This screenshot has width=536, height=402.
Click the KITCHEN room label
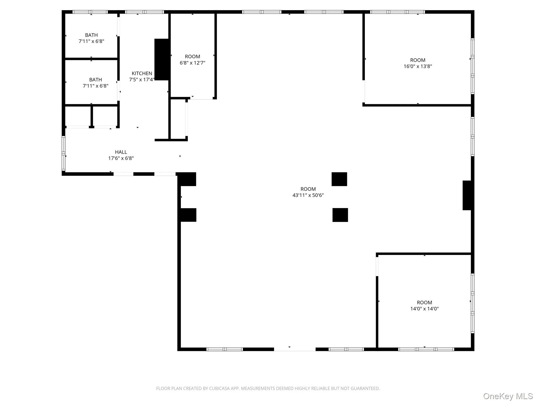click(x=142, y=74)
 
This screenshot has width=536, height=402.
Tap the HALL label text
click(x=121, y=152)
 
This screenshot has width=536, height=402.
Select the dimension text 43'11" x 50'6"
click(x=308, y=195)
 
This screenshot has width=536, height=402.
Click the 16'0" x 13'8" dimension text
click(x=418, y=66)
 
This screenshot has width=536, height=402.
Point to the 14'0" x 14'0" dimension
click(x=424, y=309)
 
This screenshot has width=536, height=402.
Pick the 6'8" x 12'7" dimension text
click(x=192, y=63)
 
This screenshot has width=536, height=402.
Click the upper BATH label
click(x=91, y=35)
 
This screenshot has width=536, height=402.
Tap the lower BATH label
click(x=96, y=80)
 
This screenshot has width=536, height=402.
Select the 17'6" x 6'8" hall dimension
click(x=121, y=158)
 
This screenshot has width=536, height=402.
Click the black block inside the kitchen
click(x=162, y=59)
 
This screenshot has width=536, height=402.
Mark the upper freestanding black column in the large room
click(x=339, y=179)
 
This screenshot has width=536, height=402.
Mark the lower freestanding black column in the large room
click(x=340, y=215)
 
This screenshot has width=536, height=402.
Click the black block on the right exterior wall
click(x=467, y=195)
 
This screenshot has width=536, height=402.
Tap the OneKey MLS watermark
click(x=508, y=396)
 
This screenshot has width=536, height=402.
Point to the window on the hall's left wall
click(x=63, y=153)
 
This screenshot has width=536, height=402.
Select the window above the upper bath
click(x=90, y=12)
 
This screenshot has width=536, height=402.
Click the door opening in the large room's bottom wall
click(x=295, y=349)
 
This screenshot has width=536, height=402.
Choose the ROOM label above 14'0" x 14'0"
click(x=424, y=303)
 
